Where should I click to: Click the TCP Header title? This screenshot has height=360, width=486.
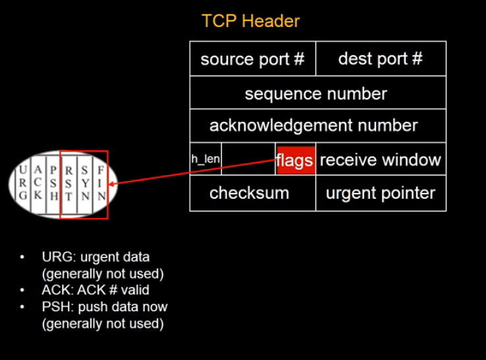point(250,21)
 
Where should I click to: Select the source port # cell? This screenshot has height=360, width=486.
point(252,59)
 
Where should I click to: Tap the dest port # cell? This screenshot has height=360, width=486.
point(380,59)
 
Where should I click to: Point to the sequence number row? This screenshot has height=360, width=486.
point(316,93)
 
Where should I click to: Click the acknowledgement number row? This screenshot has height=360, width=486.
point(313,125)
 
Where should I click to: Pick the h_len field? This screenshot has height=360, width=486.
point(205,159)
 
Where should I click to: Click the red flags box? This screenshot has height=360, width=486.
point(295,160)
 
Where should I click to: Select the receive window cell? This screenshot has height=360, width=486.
point(380,160)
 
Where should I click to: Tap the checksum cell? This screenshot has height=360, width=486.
point(249,193)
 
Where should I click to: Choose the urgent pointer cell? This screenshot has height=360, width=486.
point(380,193)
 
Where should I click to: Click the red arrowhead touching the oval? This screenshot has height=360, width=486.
point(113,184)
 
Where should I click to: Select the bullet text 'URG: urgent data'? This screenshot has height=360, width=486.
point(95,257)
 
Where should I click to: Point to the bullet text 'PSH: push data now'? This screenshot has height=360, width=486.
point(104,307)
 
